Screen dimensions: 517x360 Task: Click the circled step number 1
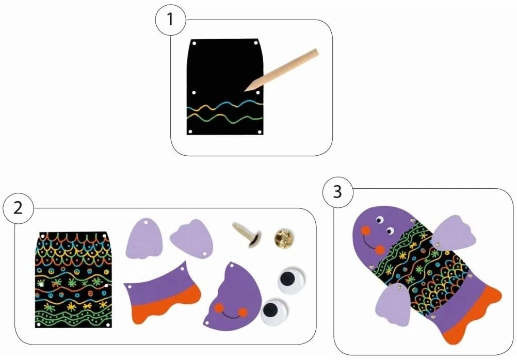pos(170,20)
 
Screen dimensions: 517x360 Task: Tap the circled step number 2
pos(18,208)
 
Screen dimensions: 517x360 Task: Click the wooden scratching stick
pos(281,70)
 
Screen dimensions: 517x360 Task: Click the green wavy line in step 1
pos(225,118)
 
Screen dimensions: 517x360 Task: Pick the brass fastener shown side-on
pos(247,235)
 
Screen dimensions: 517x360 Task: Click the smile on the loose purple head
pos(231,315)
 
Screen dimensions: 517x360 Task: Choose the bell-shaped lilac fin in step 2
pos(144,237)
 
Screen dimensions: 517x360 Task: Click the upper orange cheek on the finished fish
pos(365,231)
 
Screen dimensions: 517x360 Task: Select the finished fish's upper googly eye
pos(380,220)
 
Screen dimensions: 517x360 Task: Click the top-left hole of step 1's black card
pos(194,43)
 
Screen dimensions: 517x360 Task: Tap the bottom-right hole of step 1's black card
pos(260,132)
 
